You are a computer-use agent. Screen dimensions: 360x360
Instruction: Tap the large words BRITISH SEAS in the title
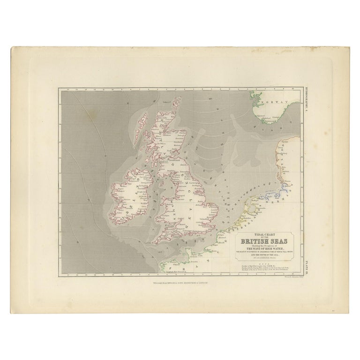(264, 242)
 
